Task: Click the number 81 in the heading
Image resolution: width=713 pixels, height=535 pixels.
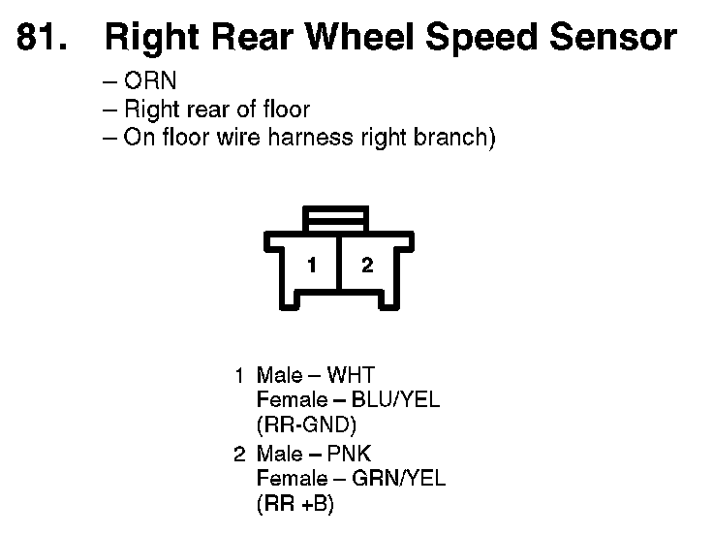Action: coord(38,38)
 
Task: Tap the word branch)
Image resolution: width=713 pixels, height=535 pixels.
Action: coord(458,137)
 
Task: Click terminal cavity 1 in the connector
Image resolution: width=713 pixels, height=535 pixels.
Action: coord(312,265)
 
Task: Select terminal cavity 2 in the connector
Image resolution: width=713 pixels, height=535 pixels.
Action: coord(367,265)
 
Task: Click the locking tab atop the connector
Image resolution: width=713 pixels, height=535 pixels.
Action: coord(336,218)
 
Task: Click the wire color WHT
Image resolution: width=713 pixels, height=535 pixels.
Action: coord(351,375)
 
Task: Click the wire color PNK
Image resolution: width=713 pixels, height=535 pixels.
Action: coord(350,454)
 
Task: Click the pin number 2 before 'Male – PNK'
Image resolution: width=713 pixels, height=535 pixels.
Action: coord(239,454)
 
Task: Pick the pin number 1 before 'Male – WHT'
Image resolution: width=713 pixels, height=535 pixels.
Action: coord(239,375)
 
